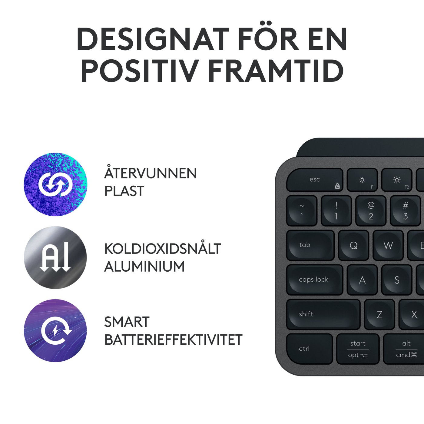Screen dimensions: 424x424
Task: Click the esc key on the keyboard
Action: click(x=314, y=180)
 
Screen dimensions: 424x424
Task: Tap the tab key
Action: click(x=310, y=245)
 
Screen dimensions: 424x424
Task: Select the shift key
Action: click(x=323, y=314)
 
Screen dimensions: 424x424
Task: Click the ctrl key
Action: click(x=309, y=349)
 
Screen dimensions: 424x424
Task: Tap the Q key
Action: click(x=353, y=245)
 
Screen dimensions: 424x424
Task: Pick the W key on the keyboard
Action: click(x=388, y=245)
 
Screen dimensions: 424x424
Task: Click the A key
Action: click(x=362, y=280)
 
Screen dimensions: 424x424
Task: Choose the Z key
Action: click(x=379, y=314)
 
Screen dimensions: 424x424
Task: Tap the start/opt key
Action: click(x=358, y=349)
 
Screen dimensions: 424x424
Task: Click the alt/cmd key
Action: click(x=404, y=349)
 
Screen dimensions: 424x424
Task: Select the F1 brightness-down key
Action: click(x=362, y=180)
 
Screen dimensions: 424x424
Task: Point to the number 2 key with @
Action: click(x=371, y=211)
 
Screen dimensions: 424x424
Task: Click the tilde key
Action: click(x=302, y=211)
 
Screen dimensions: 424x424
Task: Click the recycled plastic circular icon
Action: click(x=55, y=184)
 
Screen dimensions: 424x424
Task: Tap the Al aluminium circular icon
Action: click(x=55, y=257)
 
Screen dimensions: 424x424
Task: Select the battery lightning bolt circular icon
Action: click(x=55, y=331)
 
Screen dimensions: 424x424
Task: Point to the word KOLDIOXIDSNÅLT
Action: click(x=163, y=249)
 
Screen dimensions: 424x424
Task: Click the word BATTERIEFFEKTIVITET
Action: click(x=173, y=340)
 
